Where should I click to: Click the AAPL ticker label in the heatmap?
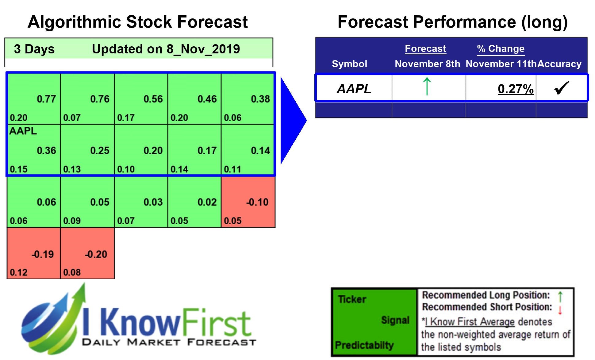(23, 131)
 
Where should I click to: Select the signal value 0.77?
(46, 99)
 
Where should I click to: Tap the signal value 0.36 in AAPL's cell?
(46, 151)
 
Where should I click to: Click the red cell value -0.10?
(257, 202)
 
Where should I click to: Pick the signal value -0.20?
(96, 254)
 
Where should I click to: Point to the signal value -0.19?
(43, 254)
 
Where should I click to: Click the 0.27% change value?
(516, 89)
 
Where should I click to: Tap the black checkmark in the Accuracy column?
(562, 88)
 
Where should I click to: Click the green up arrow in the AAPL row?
(427, 87)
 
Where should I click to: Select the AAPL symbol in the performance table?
(354, 89)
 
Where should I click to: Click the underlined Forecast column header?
(425, 48)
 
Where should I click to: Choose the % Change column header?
(501, 48)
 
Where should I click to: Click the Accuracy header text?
(559, 64)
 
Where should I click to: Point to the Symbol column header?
(349, 64)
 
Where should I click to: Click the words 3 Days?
(34, 49)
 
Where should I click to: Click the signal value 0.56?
(153, 99)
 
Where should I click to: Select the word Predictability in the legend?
(364, 345)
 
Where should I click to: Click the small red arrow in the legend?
(560, 310)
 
